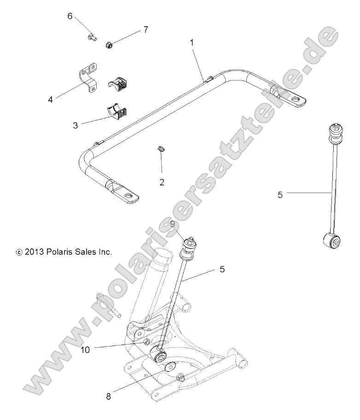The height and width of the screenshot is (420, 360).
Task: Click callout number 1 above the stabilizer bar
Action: pos(192,42)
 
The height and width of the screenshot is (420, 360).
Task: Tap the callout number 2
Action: pos(162,182)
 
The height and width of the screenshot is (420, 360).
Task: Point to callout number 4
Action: pos(51,98)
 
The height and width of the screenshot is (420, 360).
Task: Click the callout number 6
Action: pos(70,16)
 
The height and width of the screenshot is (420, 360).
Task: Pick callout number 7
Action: pos(145,30)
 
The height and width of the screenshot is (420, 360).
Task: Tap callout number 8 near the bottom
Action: pos(109,396)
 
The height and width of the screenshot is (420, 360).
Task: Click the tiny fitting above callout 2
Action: pos(161,148)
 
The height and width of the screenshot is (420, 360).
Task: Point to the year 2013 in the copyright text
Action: pos(35,252)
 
